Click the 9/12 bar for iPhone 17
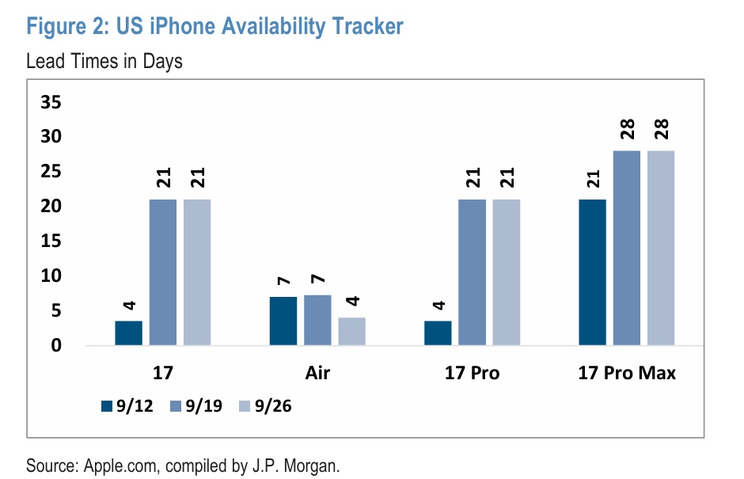(128, 333)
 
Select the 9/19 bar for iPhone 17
(163, 272)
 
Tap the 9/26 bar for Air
(351, 332)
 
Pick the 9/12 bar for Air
(283, 321)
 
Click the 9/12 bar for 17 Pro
(438, 333)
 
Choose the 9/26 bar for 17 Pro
(507, 272)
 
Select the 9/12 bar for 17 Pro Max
(593, 272)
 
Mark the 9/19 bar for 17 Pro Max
(627, 248)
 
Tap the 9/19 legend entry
(195, 406)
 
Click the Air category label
(317, 373)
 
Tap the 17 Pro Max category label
(627, 373)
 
